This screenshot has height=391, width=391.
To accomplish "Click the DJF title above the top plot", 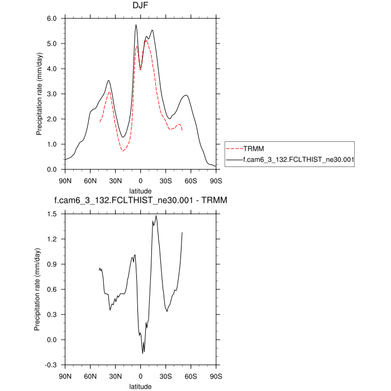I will (140, 7).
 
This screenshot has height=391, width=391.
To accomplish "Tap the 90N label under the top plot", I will (65, 180).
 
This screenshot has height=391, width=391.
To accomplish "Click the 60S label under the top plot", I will (190, 180).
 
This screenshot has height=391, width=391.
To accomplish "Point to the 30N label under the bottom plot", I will (115, 376).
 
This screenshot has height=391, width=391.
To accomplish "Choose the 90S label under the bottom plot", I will (216, 376).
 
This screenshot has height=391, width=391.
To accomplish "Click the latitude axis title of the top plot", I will (140, 190).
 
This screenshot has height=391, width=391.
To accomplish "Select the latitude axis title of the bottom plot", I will (140, 386).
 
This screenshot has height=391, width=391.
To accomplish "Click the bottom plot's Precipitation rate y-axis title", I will (38, 289).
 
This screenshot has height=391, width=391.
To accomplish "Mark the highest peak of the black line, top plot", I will (136, 25).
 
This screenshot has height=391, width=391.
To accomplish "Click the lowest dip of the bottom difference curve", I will (143, 353).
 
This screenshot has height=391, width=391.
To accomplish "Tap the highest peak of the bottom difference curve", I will (156, 216).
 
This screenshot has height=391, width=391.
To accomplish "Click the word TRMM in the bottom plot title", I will (213, 199).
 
